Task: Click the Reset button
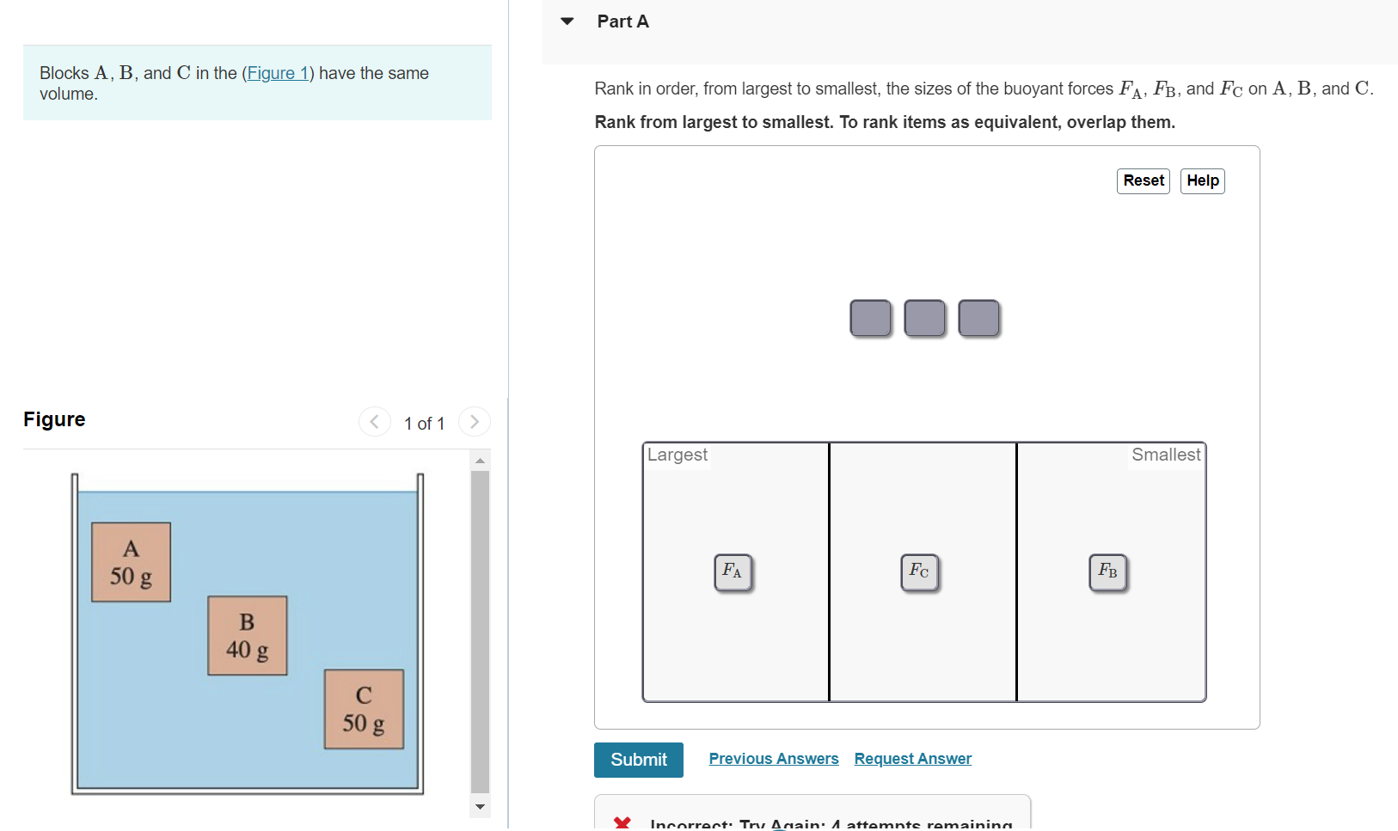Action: click(1143, 180)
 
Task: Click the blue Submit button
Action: click(638, 760)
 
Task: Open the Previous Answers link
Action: click(773, 759)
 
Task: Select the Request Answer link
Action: click(912, 759)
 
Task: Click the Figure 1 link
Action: click(277, 73)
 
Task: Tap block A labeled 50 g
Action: click(131, 562)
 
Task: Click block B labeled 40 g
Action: click(247, 635)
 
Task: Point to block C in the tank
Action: click(364, 709)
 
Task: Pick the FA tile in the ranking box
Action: click(733, 572)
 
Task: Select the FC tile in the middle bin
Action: click(919, 572)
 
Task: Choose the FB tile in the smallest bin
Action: click(1107, 572)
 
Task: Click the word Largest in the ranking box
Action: click(678, 455)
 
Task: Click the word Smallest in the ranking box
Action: click(1165, 455)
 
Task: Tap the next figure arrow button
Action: click(474, 422)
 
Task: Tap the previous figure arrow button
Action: click(374, 422)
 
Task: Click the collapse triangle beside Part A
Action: click(567, 21)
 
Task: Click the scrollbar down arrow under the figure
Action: click(480, 807)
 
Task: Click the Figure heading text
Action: click(54, 419)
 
